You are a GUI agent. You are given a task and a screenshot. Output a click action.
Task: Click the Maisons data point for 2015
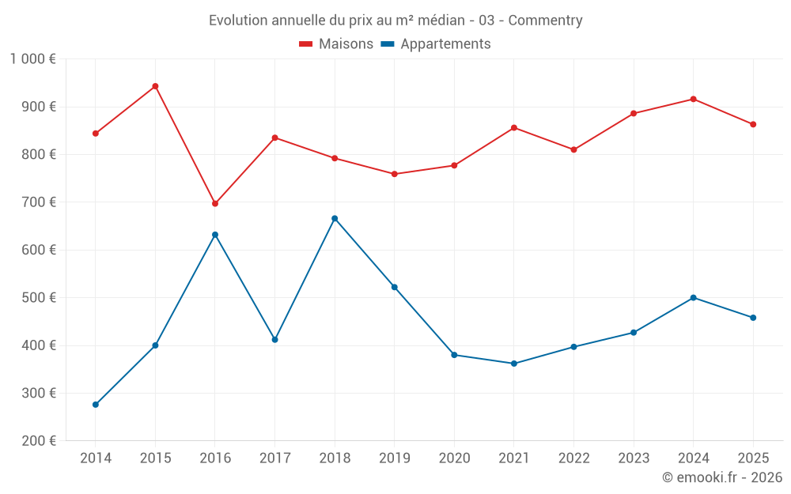tap(155, 86)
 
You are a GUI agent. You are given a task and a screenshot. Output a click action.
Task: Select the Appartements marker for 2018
tap(335, 218)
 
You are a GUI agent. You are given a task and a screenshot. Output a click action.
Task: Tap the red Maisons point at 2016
tap(215, 203)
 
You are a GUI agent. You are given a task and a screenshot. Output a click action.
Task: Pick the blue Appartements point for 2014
tap(96, 405)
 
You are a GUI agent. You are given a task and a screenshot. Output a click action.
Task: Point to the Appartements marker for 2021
tap(514, 364)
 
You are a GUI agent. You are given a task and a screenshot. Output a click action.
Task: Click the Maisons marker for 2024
tap(694, 99)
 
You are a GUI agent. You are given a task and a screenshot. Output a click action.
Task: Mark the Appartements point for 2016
tap(215, 235)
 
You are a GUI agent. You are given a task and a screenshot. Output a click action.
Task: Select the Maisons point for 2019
tap(395, 174)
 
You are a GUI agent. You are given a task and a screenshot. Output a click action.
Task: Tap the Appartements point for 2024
tap(694, 297)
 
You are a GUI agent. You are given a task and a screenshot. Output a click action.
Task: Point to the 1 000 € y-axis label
tap(32, 58)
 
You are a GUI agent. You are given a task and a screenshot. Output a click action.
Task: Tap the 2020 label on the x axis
tap(454, 458)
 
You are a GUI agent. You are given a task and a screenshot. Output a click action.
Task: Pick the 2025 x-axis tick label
tap(753, 458)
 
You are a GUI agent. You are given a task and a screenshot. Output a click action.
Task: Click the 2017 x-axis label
tap(274, 458)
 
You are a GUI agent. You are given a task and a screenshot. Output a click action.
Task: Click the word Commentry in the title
tap(545, 21)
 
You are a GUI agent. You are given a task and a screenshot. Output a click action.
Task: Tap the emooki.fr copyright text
tap(722, 477)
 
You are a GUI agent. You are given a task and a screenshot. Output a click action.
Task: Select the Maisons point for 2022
tap(574, 149)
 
